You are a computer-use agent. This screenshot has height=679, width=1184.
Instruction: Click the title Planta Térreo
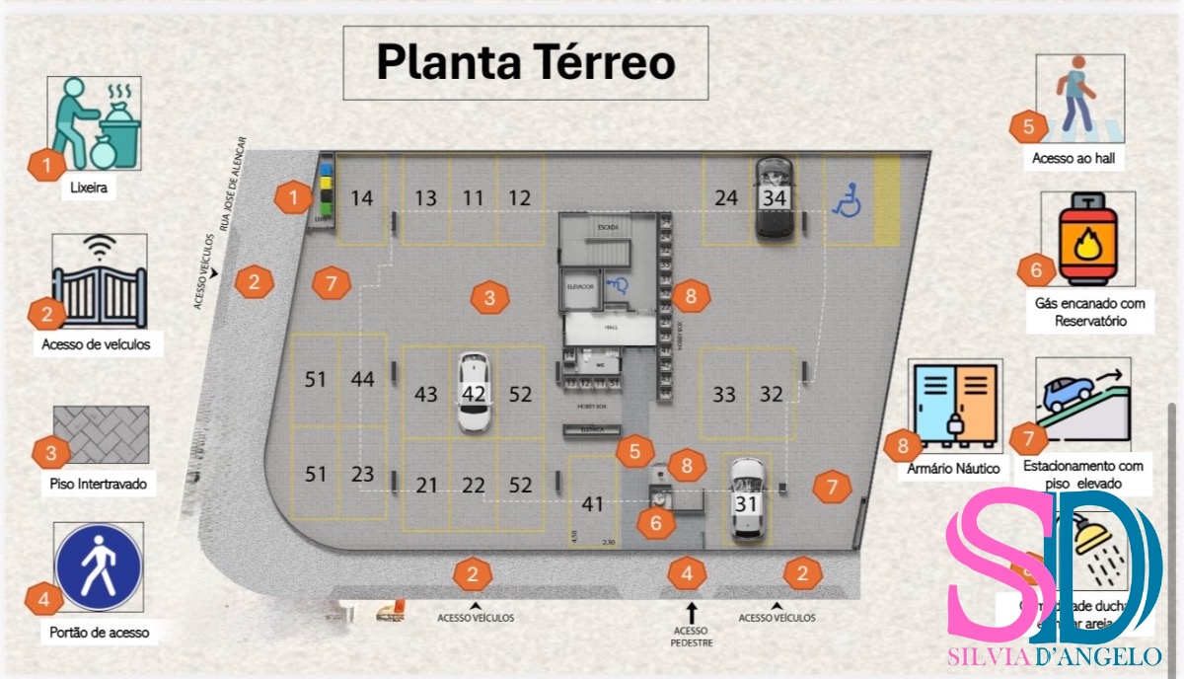coord(525,62)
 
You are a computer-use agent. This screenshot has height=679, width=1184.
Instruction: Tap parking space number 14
coord(362,198)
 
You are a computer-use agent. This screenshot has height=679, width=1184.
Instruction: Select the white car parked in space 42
coord(475,393)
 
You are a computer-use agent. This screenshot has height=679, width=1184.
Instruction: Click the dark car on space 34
coord(776,198)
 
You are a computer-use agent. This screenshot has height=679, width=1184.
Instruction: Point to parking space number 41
coord(592,504)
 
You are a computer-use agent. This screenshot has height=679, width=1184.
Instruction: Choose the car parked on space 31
coord(748,501)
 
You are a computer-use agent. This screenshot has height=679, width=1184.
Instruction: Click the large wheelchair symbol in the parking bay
coord(847,202)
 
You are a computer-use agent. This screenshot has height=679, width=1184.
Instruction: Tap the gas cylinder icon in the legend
coord(1087,239)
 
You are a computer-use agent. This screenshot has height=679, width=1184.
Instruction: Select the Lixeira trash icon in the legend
coord(95,123)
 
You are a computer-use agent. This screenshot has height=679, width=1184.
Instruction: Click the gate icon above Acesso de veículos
coord(100,281)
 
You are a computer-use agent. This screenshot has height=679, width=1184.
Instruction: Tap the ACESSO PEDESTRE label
coord(691,637)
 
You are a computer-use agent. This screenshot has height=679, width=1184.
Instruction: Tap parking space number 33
coord(724,395)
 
